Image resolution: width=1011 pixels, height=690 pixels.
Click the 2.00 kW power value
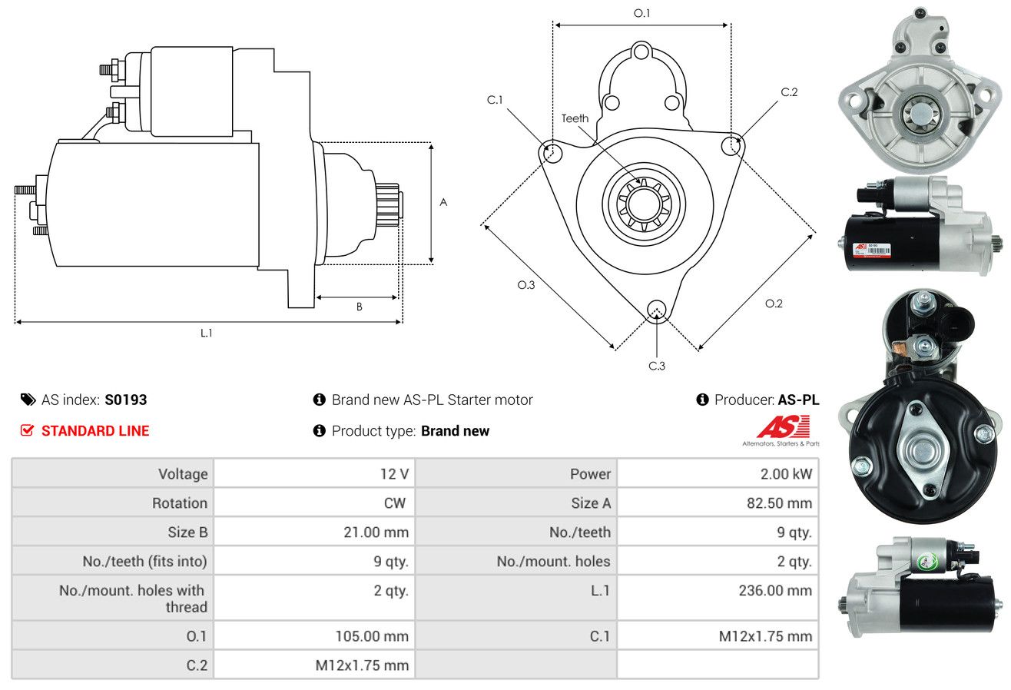coord(786,474)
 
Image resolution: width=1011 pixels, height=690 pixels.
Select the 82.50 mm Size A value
coord(779,503)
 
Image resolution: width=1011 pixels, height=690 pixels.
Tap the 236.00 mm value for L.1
coord(775,590)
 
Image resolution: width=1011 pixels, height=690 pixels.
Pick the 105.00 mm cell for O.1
coord(372,636)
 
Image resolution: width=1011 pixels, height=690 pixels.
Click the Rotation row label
coord(180,503)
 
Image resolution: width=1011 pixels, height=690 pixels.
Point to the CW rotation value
coord(395,503)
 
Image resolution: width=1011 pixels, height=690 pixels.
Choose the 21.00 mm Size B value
coord(376,532)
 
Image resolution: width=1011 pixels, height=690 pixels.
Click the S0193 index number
coord(125,400)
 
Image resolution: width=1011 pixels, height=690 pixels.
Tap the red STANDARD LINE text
coord(95,431)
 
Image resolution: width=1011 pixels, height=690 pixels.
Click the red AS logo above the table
coord(783,427)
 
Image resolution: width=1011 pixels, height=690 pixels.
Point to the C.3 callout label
coord(657,366)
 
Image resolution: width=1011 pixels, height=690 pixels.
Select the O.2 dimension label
coord(774,304)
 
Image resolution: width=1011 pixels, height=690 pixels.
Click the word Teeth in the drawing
coord(575,118)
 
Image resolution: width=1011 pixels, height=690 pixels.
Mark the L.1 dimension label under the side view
coord(206,333)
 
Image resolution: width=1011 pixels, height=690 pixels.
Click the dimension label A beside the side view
coord(443,202)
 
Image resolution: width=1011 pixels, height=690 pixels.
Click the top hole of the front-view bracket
coord(641,52)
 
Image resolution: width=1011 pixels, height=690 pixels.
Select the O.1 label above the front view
coord(641,13)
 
